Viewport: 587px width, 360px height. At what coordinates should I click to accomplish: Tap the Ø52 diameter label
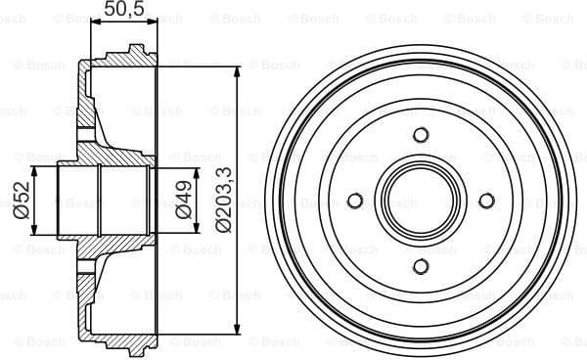click(20, 201)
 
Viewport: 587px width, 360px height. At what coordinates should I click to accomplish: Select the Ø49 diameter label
click(182, 201)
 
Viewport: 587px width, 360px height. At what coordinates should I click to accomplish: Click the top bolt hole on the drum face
click(421, 135)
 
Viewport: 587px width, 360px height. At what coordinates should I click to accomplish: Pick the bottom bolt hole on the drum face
click(421, 266)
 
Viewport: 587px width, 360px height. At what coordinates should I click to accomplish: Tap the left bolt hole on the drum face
click(355, 201)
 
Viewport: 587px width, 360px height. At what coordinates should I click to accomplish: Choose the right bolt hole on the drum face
click(486, 201)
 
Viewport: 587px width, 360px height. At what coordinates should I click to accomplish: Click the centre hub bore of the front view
click(421, 201)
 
